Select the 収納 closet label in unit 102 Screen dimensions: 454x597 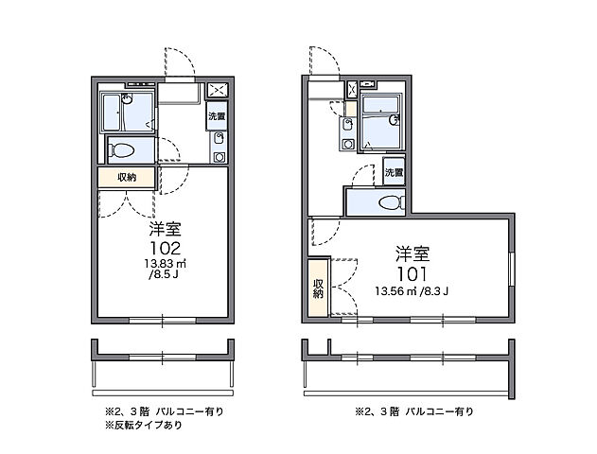coord(126,177)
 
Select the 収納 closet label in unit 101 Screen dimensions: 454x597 coord(318,289)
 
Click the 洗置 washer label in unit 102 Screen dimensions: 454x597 coord(217,117)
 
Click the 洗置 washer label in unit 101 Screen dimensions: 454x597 coord(395,173)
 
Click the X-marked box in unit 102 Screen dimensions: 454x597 coord(218,92)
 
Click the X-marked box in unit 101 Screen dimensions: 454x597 coord(351,91)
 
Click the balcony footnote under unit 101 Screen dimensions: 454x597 coord(414,411)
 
